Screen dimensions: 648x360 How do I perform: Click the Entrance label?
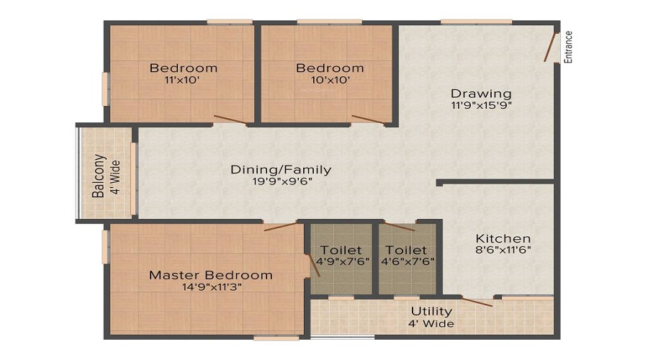569,47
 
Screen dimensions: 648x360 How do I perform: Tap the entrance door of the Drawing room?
549,47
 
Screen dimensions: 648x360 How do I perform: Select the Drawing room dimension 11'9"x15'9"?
482,105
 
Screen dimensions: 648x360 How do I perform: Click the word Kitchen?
503,238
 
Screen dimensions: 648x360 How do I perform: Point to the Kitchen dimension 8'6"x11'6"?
503,250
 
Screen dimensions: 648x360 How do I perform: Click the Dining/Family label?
281,169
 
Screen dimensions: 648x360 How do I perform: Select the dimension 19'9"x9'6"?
282,181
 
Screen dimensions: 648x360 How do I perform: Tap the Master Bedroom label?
211,275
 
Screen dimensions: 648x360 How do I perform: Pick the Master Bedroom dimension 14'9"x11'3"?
212,287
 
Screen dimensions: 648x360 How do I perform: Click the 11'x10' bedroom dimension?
182,80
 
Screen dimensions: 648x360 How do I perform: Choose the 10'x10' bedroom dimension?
330,80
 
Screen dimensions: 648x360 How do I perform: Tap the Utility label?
431,311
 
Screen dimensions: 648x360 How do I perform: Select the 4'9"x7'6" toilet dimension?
343,261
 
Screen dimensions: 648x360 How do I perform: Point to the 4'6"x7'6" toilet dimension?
408,261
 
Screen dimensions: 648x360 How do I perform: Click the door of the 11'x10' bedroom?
230,119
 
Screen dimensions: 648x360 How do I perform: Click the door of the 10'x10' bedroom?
368,119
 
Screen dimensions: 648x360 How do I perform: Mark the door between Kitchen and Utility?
477,302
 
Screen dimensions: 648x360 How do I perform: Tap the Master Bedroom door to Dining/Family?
281,226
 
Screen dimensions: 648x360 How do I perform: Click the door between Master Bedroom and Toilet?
315,265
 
